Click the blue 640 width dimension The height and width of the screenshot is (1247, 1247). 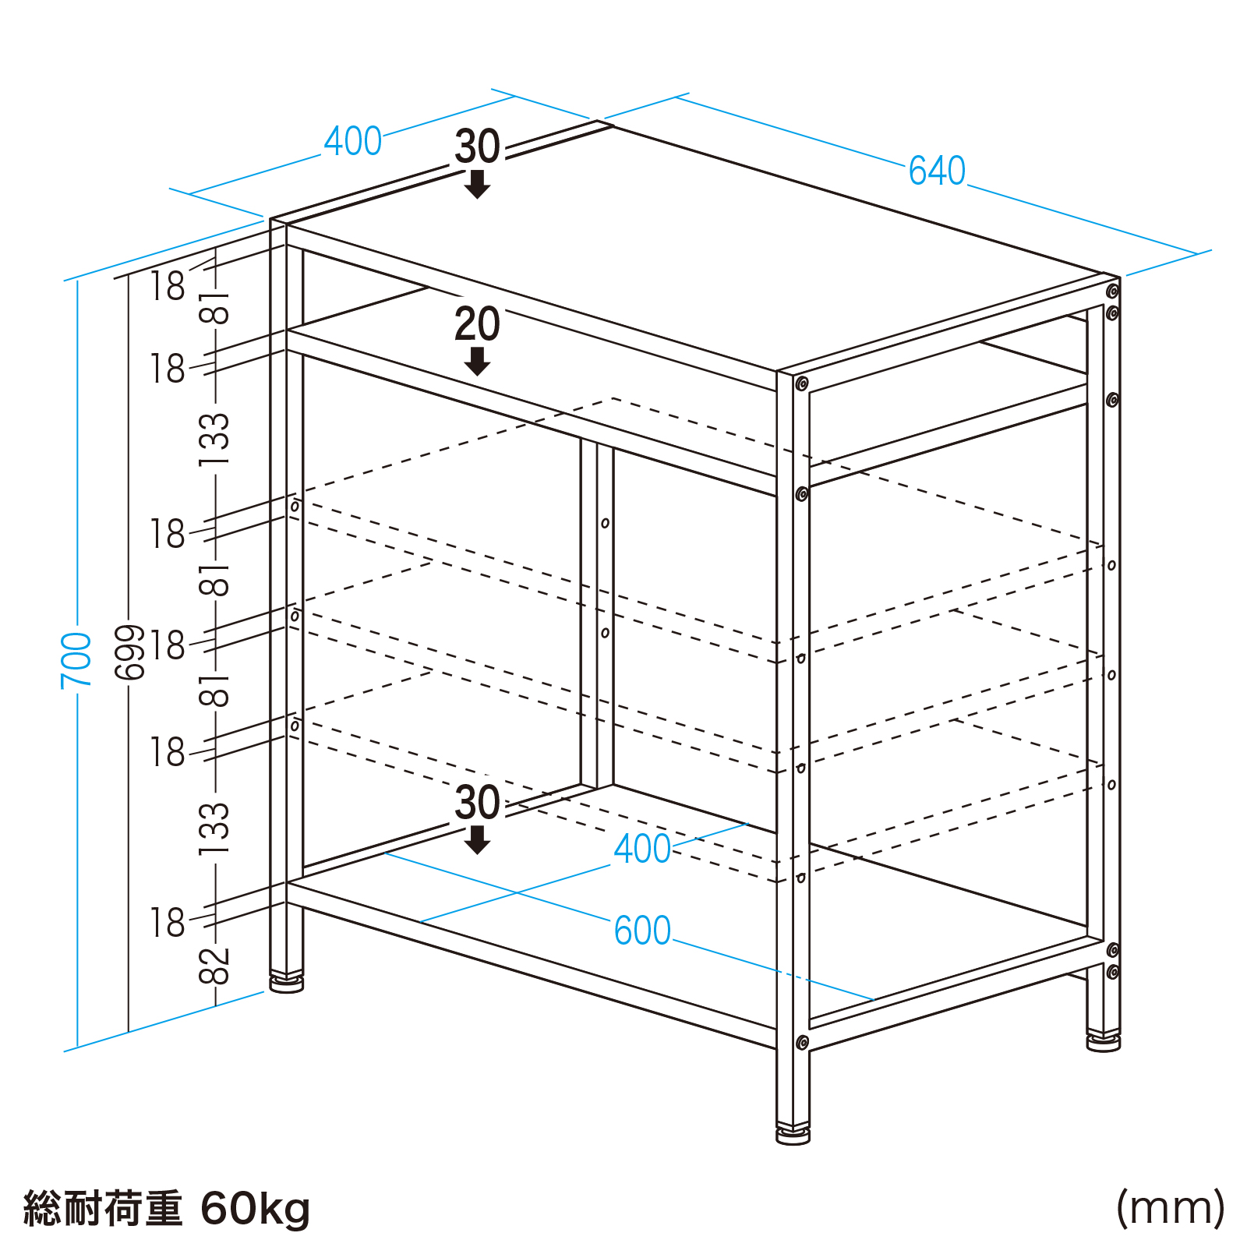click(x=937, y=171)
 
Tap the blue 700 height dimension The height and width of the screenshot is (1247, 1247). click(x=76, y=660)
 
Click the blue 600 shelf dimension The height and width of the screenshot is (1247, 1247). click(x=642, y=931)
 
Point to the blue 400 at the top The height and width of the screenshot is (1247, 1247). click(x=353, y=141)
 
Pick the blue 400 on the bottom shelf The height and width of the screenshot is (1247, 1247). click(x=642, y=849)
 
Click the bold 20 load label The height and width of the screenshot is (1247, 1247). click(x=477, y=324)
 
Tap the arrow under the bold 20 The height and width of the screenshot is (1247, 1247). click(x=477, y=361)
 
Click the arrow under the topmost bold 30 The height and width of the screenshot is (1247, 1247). click(x=477, y=184)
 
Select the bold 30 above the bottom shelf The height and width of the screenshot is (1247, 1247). click(x=477, y=803)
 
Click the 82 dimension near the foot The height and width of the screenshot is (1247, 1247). click(x=215, y=966)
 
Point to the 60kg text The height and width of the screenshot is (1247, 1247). click(x=256, y=1209)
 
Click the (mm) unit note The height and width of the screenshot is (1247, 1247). click(x=1171, y=1208)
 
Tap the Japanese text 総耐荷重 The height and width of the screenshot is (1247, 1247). click(x=103, y=1209)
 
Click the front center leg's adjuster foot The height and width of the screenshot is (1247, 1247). click(x=793, y=1133)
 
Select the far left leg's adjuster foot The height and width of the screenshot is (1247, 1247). click(x=287, y=983)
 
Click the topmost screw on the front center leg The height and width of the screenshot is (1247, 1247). click(x=801, y=383)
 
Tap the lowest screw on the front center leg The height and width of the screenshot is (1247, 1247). click(x=801, y=1043)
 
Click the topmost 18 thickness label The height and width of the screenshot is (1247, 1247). click(x=168, y=285)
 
